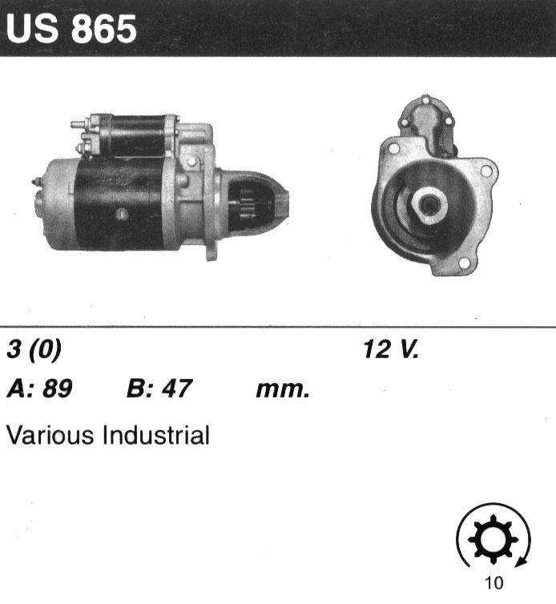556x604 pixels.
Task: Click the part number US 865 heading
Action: tap(71, 30)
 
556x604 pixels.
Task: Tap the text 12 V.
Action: tap(390, 349)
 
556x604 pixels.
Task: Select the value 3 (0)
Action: tap(34, 350)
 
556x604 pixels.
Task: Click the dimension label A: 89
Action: tap(39, 389)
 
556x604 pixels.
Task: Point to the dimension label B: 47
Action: tap(159, 389)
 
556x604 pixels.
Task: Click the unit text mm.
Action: tap(283, 390)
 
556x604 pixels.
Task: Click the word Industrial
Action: tap(156, 435)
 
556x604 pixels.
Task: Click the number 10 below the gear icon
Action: tap(494, 583)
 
